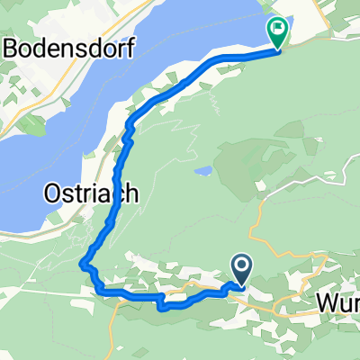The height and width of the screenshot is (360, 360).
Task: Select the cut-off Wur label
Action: point(337,305)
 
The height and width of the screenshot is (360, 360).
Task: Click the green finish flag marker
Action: point(278,34)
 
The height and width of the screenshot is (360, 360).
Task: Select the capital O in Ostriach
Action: point(53,193)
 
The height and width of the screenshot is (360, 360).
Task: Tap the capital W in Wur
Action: point(327,305)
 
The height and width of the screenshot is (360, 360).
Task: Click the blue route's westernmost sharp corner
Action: point(83,265)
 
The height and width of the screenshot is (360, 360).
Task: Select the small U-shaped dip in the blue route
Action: point(163,303)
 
